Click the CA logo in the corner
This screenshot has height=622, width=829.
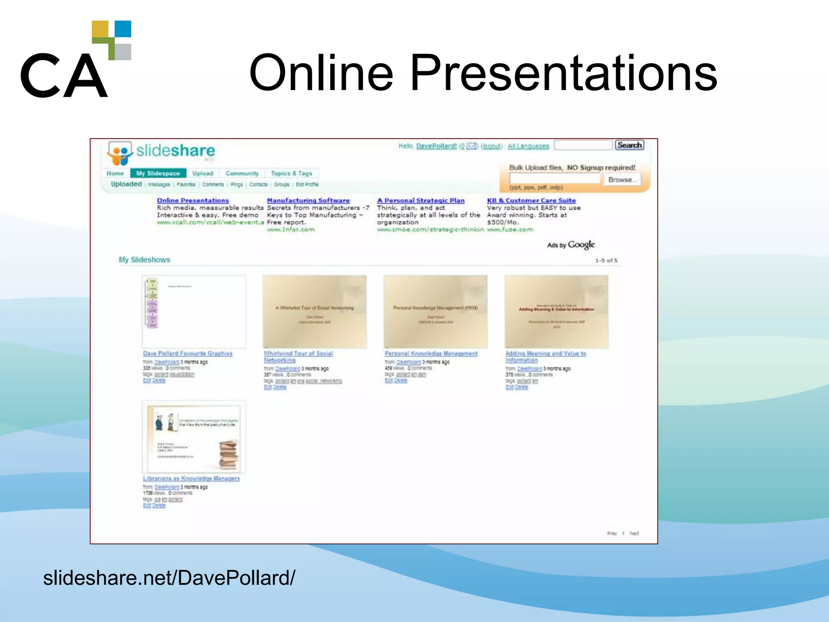76,60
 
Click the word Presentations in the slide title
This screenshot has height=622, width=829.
563,73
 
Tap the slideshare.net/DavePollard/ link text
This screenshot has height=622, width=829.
169,577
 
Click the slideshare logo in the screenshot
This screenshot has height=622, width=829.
161,152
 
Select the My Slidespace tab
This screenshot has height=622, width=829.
158,173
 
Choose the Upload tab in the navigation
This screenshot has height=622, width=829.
203,173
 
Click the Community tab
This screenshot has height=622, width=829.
242,173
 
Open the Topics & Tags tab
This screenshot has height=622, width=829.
291,173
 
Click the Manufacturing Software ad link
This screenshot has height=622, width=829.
308,200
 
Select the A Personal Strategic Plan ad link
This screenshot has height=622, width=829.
421,200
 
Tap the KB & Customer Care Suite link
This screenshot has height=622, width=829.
531,200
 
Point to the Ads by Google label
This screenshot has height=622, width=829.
571,245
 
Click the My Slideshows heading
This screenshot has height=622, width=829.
145,260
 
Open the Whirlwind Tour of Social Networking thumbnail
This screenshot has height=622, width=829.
315,311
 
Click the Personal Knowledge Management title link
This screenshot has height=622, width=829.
431,354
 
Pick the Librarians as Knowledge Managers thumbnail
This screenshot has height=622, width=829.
194,437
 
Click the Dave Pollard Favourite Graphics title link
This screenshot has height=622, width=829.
187,354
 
